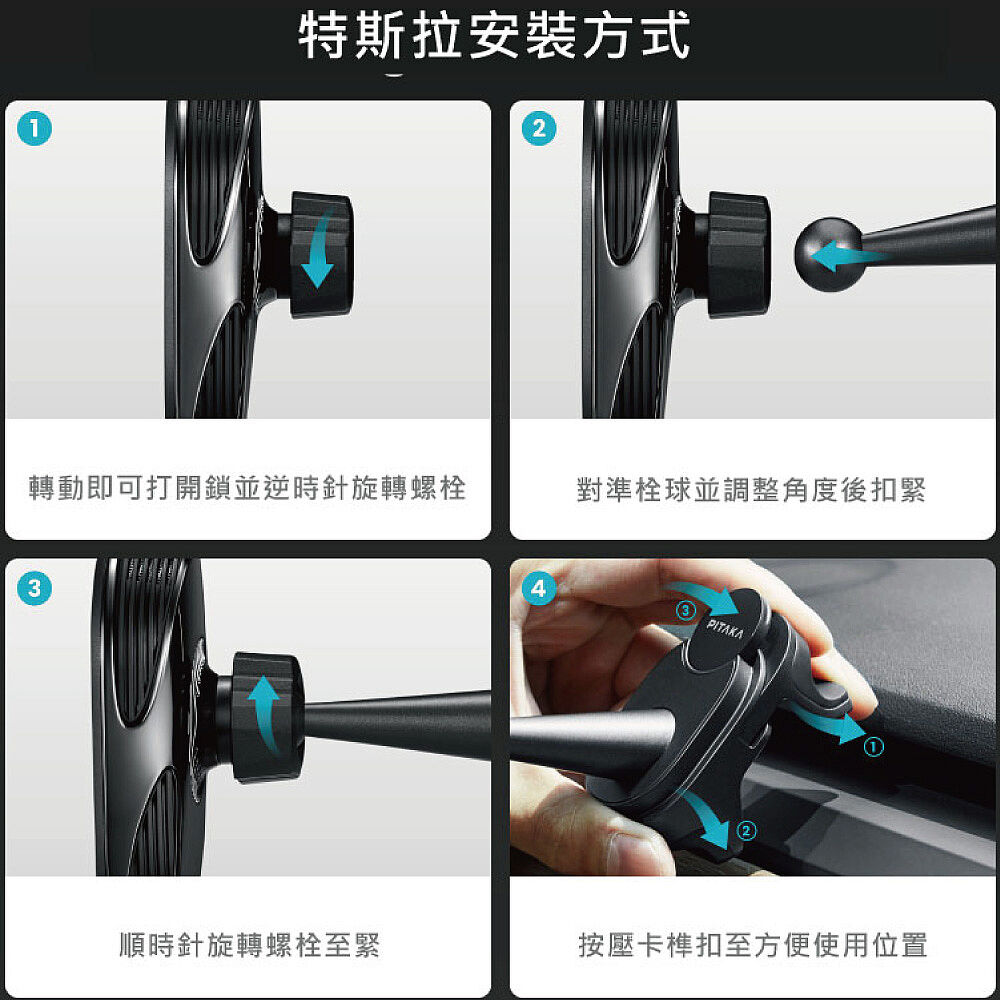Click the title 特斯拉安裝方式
click(x=494, y=36)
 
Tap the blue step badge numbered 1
click(x=34, y=129)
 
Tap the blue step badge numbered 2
click(x=539, y=129)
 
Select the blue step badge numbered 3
click(x=34, y=588)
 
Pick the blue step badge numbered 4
click(x=539, y=588)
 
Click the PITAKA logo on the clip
click(x=725, y=629)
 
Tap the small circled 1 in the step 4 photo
click(x=874, y=746)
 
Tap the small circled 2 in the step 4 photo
click(x=746, y=830)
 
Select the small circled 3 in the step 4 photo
click(x=686, y=611)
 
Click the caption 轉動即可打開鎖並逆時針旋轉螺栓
click(x=247, y=488)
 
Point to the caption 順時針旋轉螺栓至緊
click(x=249, y=945)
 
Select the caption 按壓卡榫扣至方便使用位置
click(x=753, y=945)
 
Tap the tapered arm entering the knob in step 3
click(x=395, y=725)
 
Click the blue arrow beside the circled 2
click(x=707, y=821)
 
